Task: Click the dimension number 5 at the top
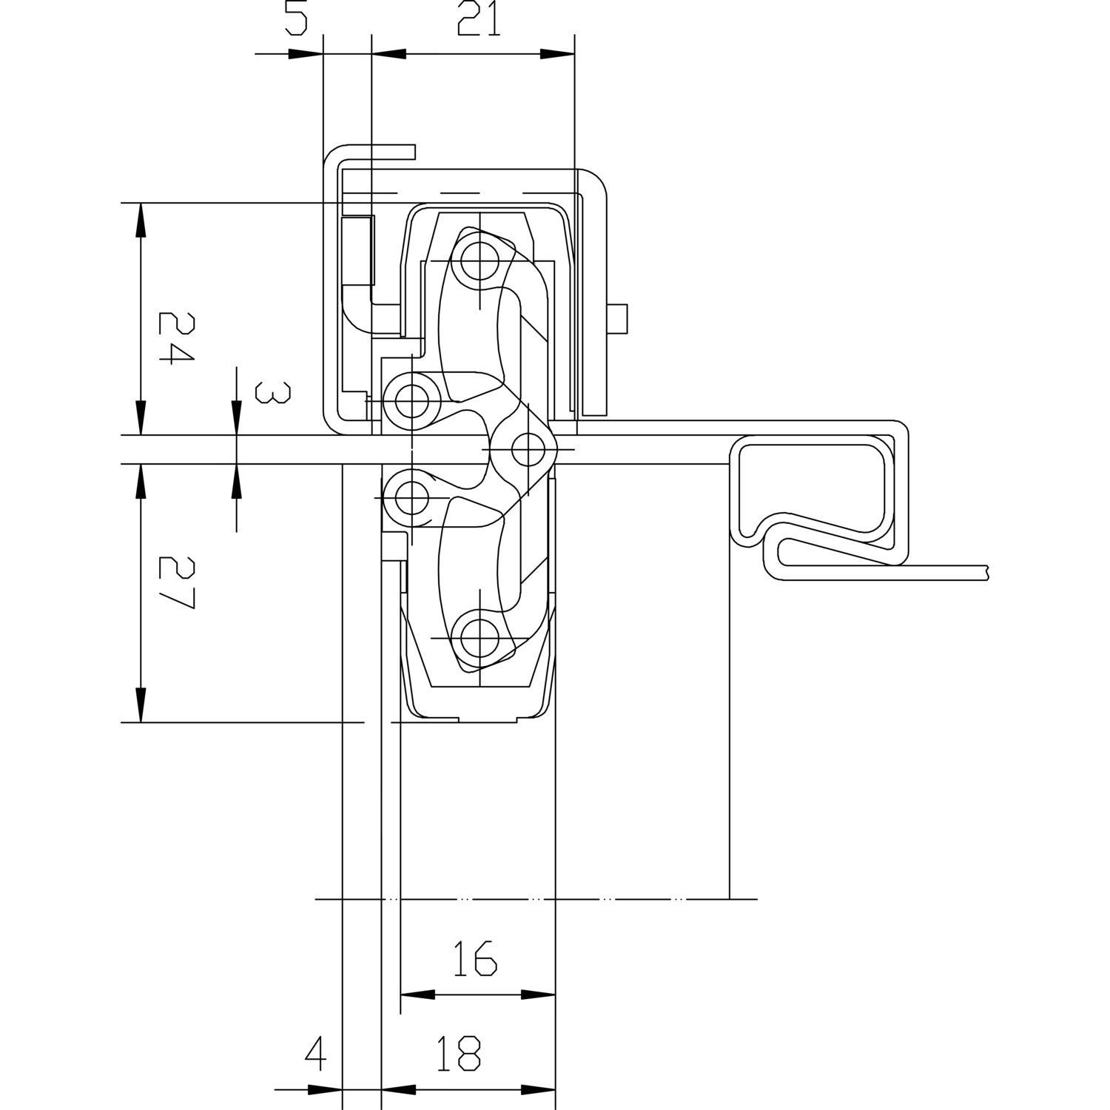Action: [x=295, y=19]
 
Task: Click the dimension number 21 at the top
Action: [x=479, y=19]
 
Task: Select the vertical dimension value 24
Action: [x=175, y=338]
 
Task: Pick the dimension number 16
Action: [x=474, y=958]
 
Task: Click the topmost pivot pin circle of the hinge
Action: [x=479, y=260]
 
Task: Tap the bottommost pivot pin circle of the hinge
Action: [x=479, y=639]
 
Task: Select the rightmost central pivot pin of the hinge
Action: [x=528, y=448]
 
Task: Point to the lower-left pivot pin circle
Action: [x=412, y=497]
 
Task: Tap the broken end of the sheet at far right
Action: [x=987, y=571]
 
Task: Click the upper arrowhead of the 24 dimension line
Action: [x=140, y=218]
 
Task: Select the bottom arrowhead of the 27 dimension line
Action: [x=140, y=704]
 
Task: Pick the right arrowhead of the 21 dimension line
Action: [x=557, y=54]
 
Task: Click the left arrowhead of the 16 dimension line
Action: [x=417, y=995]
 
